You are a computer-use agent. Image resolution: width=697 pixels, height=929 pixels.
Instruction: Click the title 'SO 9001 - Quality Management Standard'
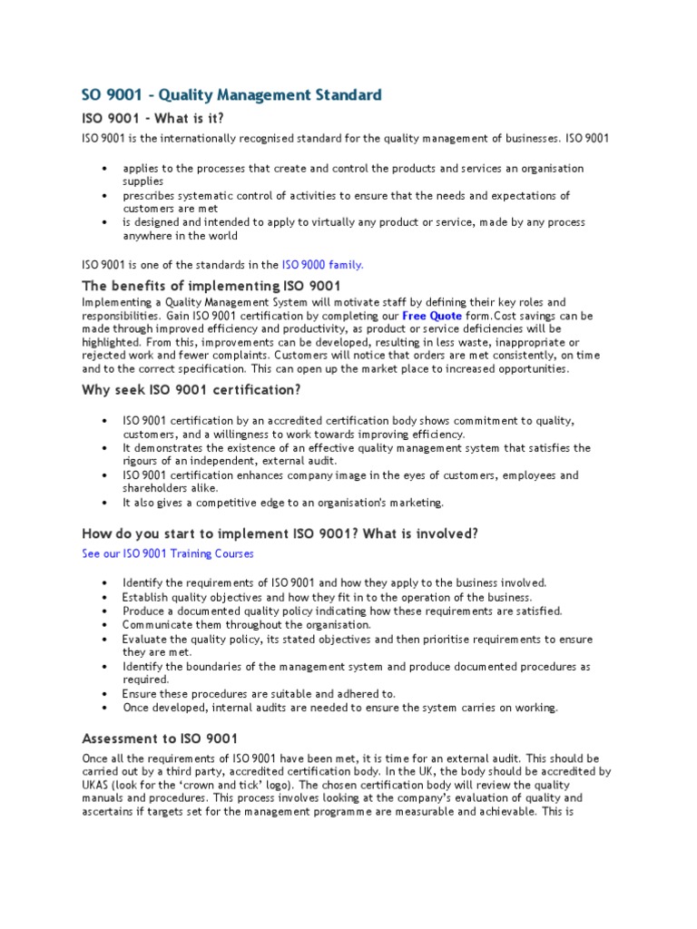click(x=231, y=95)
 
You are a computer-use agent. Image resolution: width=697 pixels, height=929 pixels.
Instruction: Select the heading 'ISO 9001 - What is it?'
click(x=152, y=119)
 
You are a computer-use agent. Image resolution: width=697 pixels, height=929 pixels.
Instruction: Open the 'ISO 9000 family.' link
click(x=322, y=265)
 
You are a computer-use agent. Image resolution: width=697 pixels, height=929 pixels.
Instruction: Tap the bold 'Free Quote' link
click(x=432, y=316)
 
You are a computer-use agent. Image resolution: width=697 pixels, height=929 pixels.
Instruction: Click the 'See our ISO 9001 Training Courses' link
click(x=168, y=553)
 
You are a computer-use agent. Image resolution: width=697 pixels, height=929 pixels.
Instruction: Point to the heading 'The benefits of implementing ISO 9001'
click(x=211, y=287)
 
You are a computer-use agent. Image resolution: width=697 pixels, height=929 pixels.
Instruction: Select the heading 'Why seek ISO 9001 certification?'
click(x=191, y=390)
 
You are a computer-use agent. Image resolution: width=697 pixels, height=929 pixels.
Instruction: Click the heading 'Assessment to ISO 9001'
click(x=160, y=738)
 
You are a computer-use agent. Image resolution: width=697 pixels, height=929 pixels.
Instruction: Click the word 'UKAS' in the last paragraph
click(x=97, y=784)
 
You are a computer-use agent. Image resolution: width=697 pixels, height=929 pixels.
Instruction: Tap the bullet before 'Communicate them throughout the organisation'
click(x=106, y=625)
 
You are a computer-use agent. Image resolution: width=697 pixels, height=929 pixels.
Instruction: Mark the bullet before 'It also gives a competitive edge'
click(x=106, y=503)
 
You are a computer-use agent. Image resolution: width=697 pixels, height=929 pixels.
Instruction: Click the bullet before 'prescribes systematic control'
click(x=106, y=196)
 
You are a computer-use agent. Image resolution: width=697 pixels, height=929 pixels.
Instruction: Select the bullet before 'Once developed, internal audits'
click(x=106, y=708)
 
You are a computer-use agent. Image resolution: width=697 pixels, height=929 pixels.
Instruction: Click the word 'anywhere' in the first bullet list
click(x=145, y=236)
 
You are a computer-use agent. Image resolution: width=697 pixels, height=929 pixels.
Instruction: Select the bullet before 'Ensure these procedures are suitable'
click(x=106, y=694)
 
